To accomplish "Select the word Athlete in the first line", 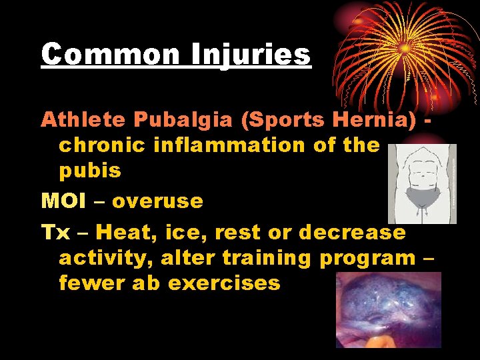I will click(83, 119).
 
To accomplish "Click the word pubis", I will click(90, 171).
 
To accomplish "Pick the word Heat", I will click(123, 232).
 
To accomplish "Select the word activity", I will click(100, 257).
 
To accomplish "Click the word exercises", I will click(224, 283).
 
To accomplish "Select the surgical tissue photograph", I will click(389, 309).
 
